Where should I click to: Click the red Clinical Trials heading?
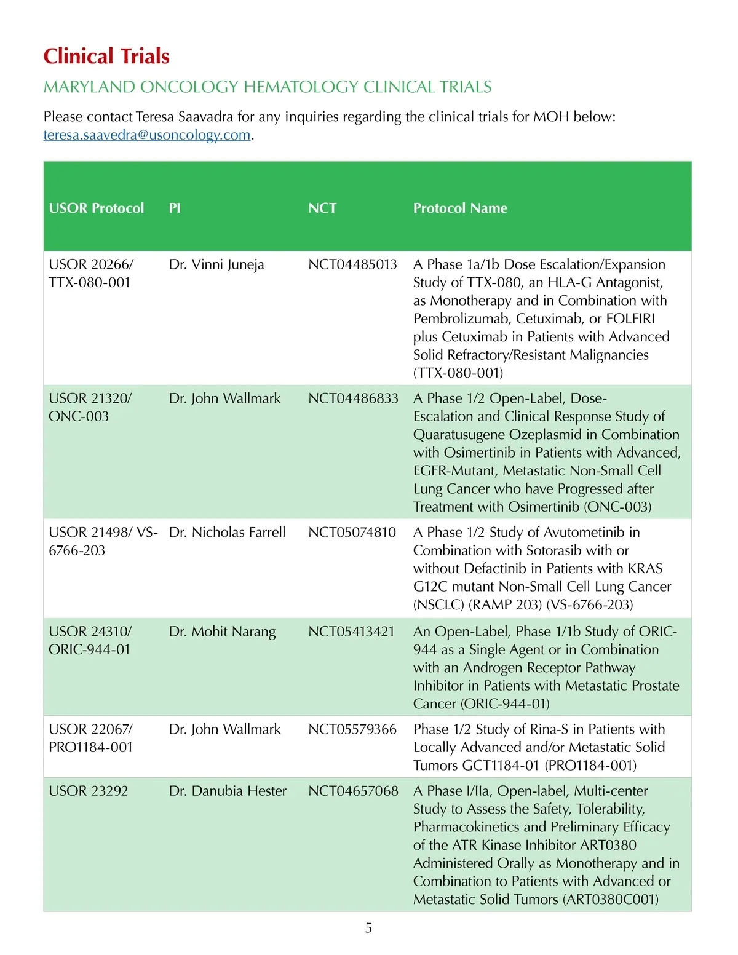coord(106,57)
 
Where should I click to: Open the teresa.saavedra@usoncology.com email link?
coord(147,135)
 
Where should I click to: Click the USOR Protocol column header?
coord(97,208)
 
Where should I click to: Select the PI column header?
coord(175,208)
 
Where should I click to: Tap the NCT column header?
coord(322,208)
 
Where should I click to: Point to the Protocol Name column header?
coord(460,208)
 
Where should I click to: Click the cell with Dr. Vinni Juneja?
coord(216,264)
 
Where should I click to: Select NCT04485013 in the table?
coord(352,264)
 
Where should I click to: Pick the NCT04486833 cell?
coord(353,398)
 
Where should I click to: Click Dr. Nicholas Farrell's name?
coord(227,532)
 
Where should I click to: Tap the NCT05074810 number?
coord(352,532)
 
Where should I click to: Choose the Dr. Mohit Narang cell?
coord(222,632)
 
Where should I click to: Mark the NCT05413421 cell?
coord(351,632)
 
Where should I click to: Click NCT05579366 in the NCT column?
coord(352,729)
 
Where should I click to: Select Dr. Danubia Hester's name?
coord(228,791)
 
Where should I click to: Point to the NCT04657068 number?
coord(353,791)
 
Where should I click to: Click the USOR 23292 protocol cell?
coord(89,791)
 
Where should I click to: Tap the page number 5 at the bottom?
coord(368,928)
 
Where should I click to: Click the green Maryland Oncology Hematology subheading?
coord(268,87)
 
